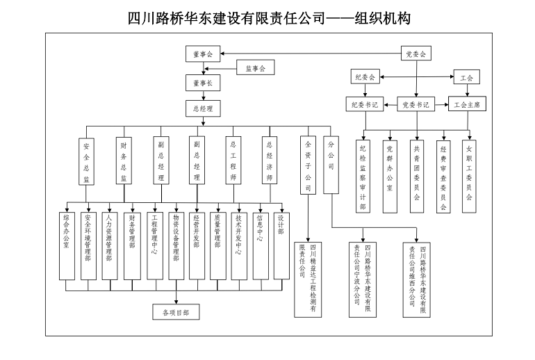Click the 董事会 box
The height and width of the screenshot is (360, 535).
203,54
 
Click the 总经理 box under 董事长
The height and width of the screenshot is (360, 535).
203,108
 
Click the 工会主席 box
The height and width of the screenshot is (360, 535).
467,105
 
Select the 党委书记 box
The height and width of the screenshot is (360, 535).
415,105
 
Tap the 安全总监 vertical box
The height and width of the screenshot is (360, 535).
86,161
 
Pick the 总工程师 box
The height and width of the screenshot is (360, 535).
233,161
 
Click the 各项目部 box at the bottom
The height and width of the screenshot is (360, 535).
176,312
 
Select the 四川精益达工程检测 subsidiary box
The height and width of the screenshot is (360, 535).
308,277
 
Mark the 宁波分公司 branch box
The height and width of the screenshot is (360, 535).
363,278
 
